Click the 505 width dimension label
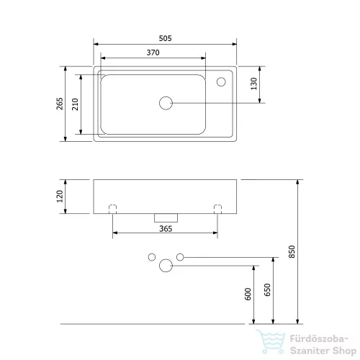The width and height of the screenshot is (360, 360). (x=165, y=38)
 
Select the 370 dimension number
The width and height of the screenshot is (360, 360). (x=153, y=53)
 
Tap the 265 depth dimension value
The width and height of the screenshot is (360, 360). (x=60, y=104)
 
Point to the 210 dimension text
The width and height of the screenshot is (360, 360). (x=75, y=104)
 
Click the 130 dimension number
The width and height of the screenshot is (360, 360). (x=253, y=84)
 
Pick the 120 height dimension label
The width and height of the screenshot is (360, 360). (x=60, y=197)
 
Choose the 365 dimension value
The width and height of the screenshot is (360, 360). (x=166, y=229)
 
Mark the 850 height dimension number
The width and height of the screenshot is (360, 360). (x=292, y=251)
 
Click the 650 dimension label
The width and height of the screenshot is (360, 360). (x=267, y=290)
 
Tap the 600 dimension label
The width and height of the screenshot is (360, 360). (x=248, y=294)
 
